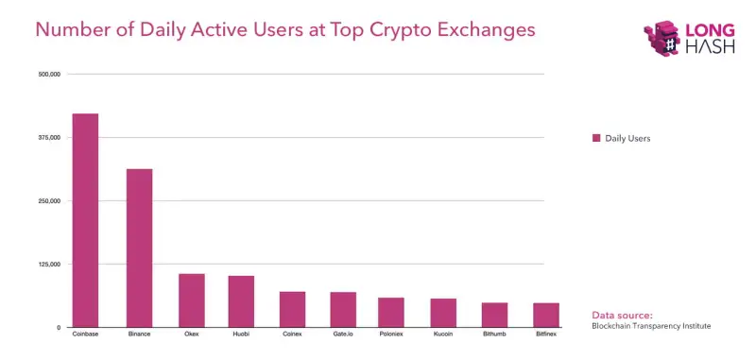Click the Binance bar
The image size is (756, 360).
[x=139, y=248]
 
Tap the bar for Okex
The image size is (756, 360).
[x=192, y=300]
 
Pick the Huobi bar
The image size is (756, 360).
[x=241, y=301]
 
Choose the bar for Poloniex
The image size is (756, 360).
[x=390, y=312]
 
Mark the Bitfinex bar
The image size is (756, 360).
[x=545, y=315]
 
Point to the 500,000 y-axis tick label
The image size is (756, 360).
[x=48, y=74]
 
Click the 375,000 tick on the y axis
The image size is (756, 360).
[x=48, y=137]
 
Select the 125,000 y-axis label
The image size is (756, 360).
[x=48, y=264]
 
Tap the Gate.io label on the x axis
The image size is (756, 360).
[x=342, y=334]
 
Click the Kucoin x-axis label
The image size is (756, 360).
[x=443, y=334]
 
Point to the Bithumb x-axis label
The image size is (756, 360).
[x=494, y=334]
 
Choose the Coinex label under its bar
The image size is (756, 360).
[x=292, y=334]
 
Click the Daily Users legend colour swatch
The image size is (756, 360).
[x=596, y=138]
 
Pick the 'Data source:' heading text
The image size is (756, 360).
[x=622, y=315]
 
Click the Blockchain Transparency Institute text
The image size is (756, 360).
[x=650, y=326]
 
